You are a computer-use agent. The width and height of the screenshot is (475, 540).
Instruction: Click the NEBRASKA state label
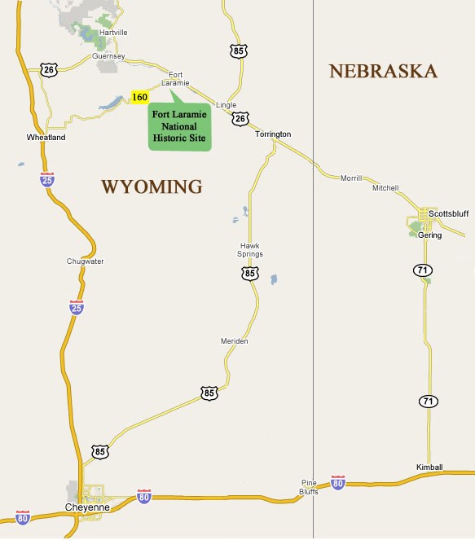(384, 72)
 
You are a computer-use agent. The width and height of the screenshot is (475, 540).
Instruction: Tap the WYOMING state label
(152, 187)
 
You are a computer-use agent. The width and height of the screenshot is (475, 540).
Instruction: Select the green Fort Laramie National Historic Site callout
(180, 126)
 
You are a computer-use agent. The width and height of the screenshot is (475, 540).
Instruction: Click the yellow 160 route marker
(139, 98)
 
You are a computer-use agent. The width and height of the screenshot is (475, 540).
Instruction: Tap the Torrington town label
(272, 134)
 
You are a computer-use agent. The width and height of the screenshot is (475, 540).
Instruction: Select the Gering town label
(429, 235)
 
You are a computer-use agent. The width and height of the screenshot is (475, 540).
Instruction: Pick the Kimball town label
(429, 467)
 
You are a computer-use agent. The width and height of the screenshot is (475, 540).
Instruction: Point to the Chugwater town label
(85, 261)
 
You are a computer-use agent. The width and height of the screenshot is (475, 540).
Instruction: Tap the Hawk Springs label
(251, 250)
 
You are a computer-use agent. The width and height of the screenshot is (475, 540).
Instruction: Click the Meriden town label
(234, 340)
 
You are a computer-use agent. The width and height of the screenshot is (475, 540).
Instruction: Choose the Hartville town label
(113, 33)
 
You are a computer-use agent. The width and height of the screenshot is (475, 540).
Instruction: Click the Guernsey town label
(109, 56)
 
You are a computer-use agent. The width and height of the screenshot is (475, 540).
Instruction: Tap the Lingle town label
(226, 105)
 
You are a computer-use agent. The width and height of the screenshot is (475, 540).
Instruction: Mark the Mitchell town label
(385, 188)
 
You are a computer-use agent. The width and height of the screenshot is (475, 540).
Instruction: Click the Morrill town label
(350, 178)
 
